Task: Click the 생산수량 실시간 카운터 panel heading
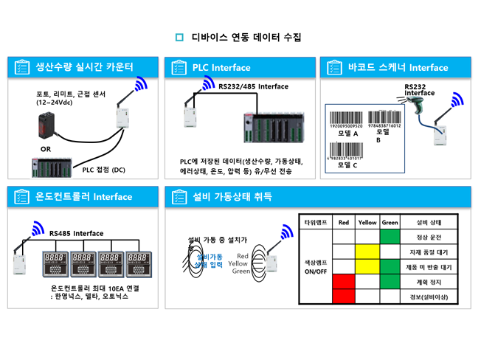84,67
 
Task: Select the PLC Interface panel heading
221,68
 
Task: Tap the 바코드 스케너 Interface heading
398,68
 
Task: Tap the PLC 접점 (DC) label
103,170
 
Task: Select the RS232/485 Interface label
253,86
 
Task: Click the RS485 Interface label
77,234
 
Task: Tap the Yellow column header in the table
367,222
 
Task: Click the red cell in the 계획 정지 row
344,282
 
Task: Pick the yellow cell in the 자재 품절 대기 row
367,252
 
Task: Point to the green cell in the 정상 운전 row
390,237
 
